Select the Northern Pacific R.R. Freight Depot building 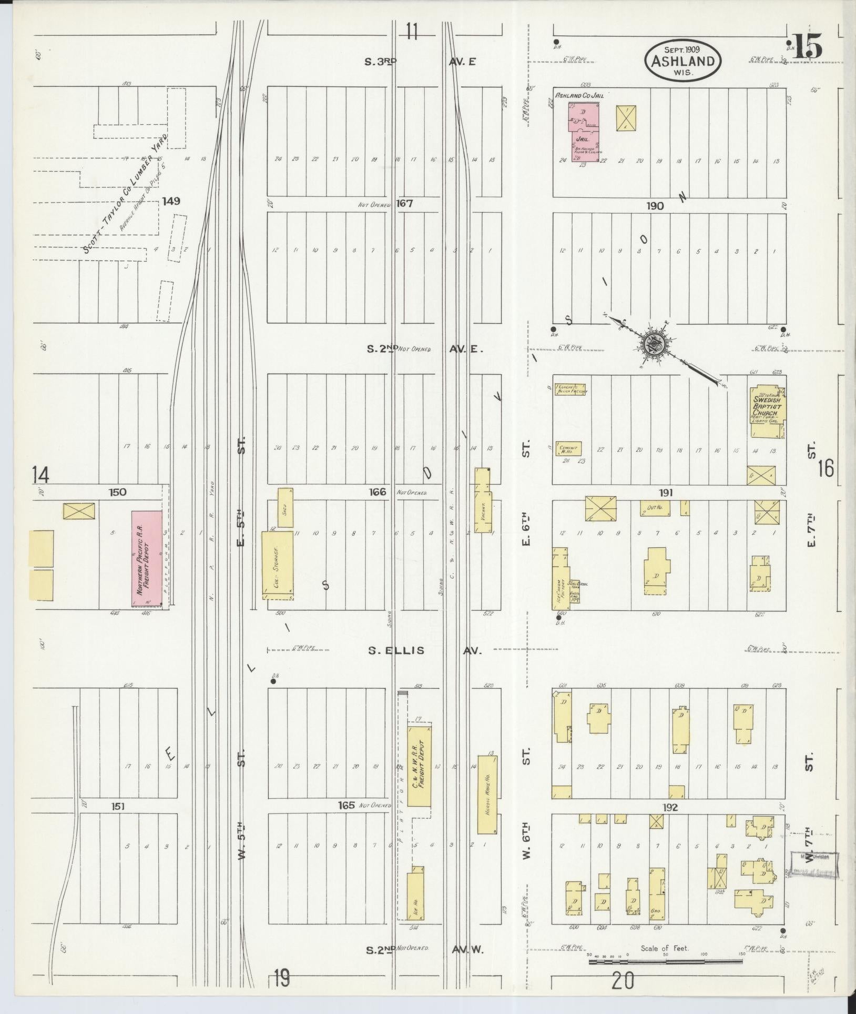click(147, 558)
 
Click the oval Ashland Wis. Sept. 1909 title click(683, 61)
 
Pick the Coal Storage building click(278, 565)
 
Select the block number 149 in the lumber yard click(171, 201)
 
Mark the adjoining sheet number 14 click(40, 475)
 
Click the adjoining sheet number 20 click(624, 981)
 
